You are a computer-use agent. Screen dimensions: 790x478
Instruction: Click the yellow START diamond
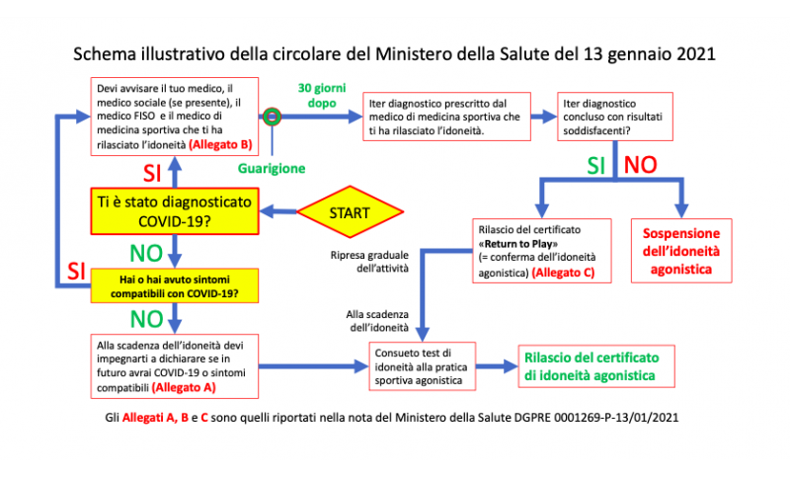pyautogui.click(x=351, y=212)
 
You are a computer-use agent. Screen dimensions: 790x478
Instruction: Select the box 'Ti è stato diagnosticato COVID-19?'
pyautogui.click(x=175, y=211)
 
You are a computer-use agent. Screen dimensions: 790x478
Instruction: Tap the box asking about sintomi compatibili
pyautogui.click(x=175, y=286)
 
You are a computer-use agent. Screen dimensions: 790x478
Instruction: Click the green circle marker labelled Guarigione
pyautogui.click(x=273, y=117)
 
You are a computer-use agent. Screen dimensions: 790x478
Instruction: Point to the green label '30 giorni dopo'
pyautogui.click(x=322, y=95)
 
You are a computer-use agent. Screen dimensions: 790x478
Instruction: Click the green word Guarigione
pyautogui.click(x=272, y=168)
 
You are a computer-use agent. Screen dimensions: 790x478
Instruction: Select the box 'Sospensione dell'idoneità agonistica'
pyautogui.click(x=681, y=251)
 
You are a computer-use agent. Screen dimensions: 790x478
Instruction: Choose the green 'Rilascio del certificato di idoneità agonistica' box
pyautogui.click(x=596, y=366)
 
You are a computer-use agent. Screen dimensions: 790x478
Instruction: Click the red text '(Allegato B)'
pyautogui.click(x=220, y=144)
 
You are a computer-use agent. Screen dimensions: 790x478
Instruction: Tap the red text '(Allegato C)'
pyautogui.click(x=563, y=273)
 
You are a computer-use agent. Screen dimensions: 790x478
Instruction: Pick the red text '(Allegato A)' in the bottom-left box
pyautogui.click(x=184, y=387)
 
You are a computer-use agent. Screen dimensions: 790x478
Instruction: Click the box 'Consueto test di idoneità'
pyautogui.click(x=423, y=366)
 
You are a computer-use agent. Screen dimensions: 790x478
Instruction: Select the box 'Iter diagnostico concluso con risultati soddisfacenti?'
pyautogui.click(x=615, y=117)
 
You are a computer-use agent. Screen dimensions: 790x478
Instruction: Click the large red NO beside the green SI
pyautogui.click(x=640, y=165)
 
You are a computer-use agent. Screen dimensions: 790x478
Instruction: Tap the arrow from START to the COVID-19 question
pyautogui.click(x=278, y=211)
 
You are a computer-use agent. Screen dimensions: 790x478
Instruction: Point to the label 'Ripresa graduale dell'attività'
pyautogui.click(x=369, y=262)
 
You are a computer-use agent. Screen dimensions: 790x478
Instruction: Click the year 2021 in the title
pyautogui.click(x=696, y=54)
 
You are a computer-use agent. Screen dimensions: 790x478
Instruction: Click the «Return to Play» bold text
pyautogui.click(x=517, y=244)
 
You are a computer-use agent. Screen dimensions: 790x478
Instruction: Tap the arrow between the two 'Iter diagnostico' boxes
pyautogui.click(x=544, y=117)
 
